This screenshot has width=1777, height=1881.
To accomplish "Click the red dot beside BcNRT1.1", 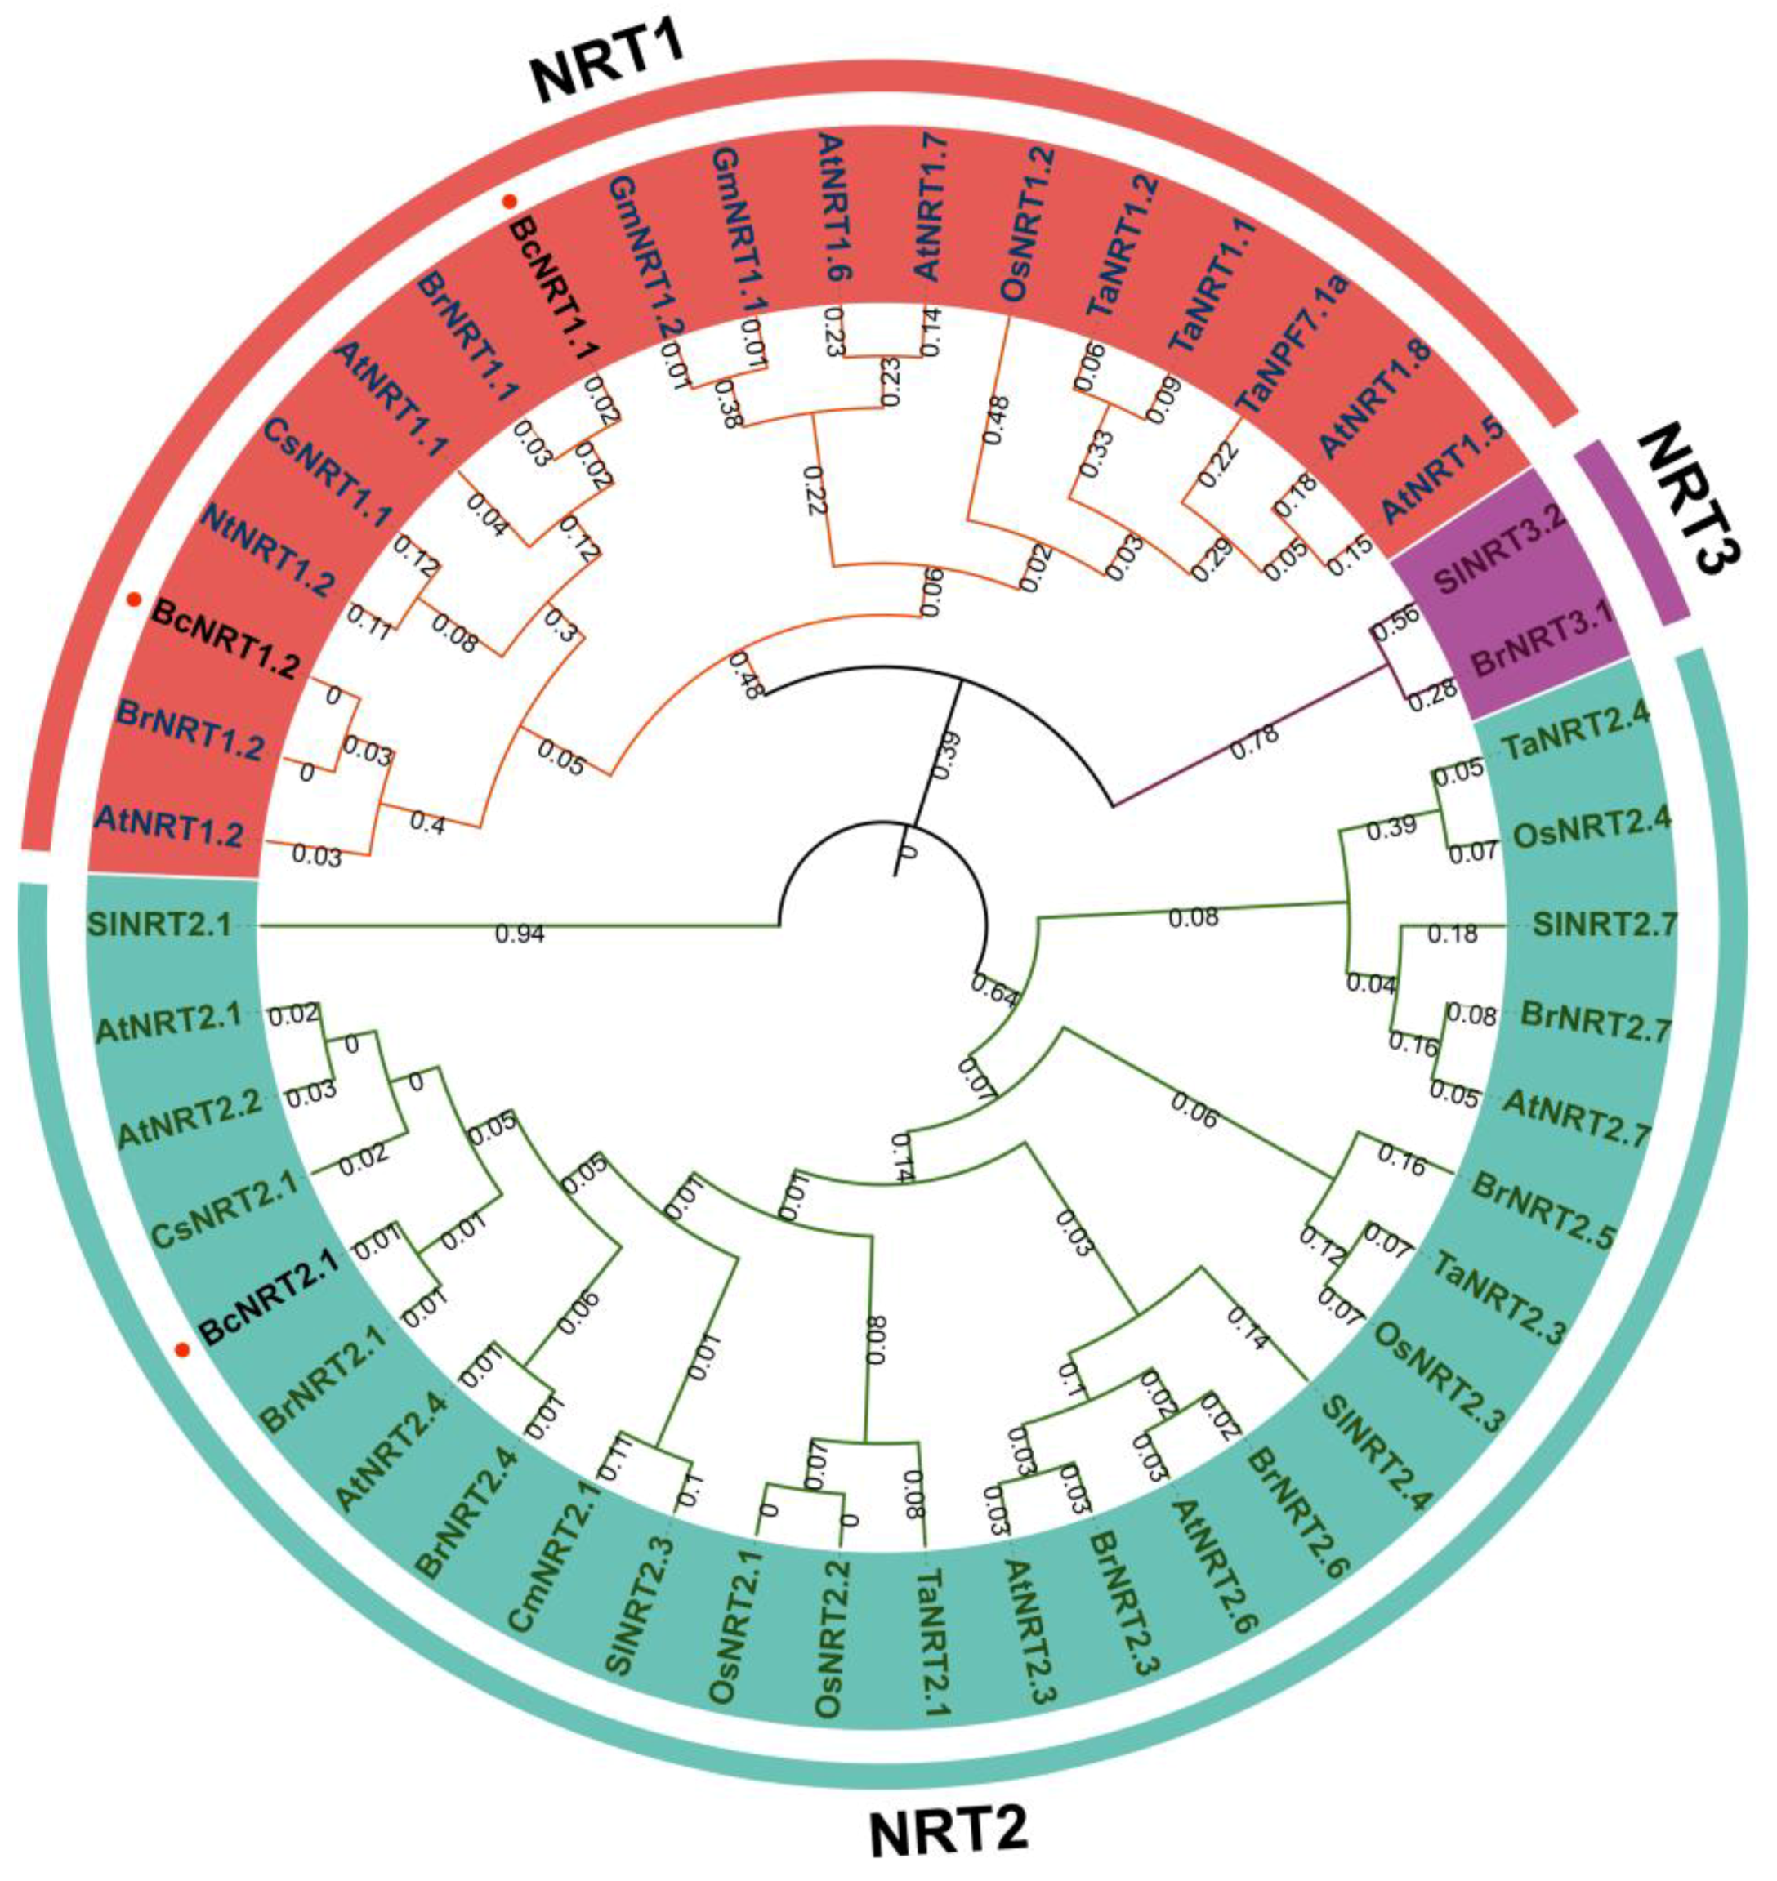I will tap(510, 201).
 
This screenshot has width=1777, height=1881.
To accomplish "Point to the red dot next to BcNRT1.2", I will tap(135, 599).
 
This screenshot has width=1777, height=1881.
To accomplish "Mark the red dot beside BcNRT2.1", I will tap(185, 1348).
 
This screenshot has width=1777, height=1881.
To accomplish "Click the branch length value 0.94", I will tap(520, 936).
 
